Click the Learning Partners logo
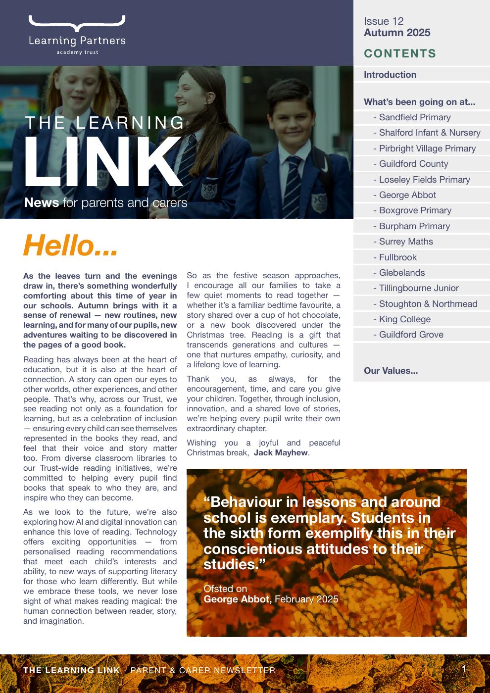coord(77,35)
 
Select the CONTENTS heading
coord(400,53)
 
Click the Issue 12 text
coord(384,21)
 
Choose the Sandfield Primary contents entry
coord(415,117)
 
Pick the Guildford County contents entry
coord(413,164)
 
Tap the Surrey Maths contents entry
coord(406,242)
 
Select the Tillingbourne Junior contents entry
coord(419,288)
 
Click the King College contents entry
coord(405,319)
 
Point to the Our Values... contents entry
coord(391,371)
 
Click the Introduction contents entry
coord(390,75)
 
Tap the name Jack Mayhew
coord(281,453)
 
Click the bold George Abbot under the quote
coord(238,599)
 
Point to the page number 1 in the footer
coord(464,669)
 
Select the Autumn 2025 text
coord(397,33)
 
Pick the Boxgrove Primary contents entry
coord(415,210)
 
